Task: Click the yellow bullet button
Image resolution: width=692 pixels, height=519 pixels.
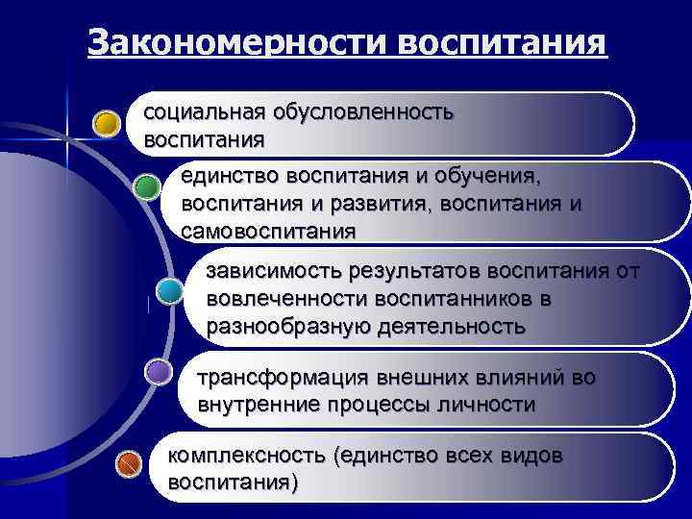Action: pyautogui.click(x=107, y=123)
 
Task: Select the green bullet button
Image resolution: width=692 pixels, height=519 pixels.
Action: pyautogui.click(x=146, y=186)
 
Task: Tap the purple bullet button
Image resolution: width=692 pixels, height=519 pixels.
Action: pyautogui.click(x=159, y=372)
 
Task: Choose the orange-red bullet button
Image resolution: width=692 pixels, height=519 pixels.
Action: pyautogui.click(x=128, y=465)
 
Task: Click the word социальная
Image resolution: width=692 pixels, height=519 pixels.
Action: pyautogui.click(x=204, y=112)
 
